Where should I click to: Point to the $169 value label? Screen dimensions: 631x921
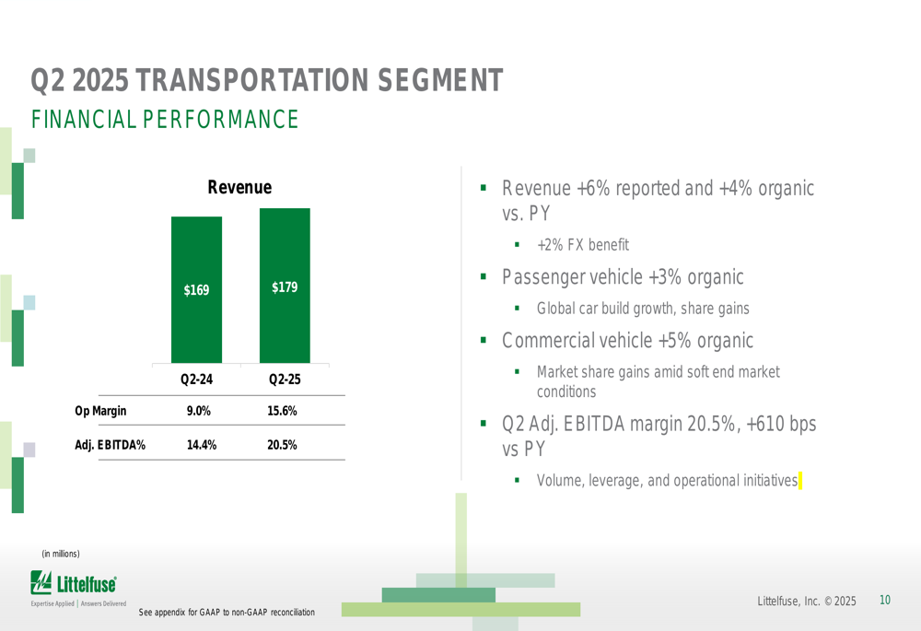(196, 290)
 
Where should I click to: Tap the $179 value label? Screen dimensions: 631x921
(285, 287)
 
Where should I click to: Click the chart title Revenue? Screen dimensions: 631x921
(239, 187)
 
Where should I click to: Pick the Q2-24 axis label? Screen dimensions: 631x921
(196, 380)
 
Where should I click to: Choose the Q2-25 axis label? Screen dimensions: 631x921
(285, 380)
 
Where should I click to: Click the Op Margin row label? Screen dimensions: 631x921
(100, 411)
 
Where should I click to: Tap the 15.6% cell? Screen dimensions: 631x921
(283, 411)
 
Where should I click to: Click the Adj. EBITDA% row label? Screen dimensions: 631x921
(110, 445)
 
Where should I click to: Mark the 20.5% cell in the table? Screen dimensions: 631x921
(283, 445)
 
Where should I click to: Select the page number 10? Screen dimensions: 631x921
(885, 601)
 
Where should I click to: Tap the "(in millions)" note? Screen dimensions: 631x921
(61, 554)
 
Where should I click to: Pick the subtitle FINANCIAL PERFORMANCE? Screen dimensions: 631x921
(165, 120)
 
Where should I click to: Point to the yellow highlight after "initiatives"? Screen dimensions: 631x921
(801, 480)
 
